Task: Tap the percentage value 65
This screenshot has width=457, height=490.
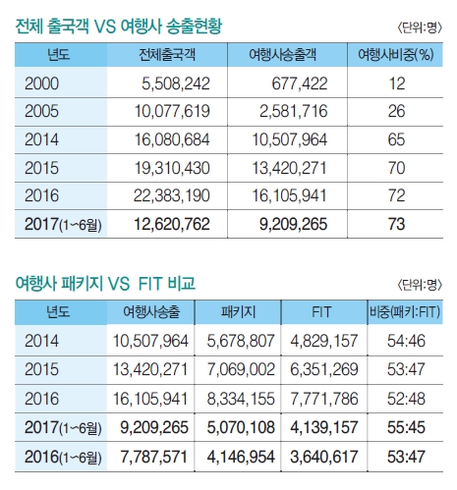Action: [397, 140]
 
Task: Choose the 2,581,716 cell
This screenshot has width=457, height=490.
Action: [293, 112]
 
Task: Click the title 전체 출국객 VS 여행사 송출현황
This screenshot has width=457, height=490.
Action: [123, 27]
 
